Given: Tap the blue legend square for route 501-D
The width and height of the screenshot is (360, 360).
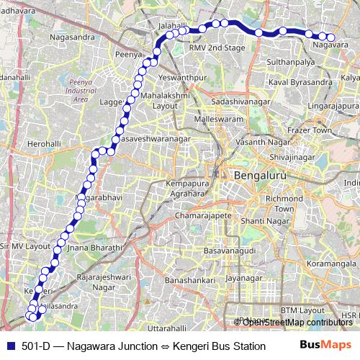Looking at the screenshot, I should [x=9, y=346].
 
